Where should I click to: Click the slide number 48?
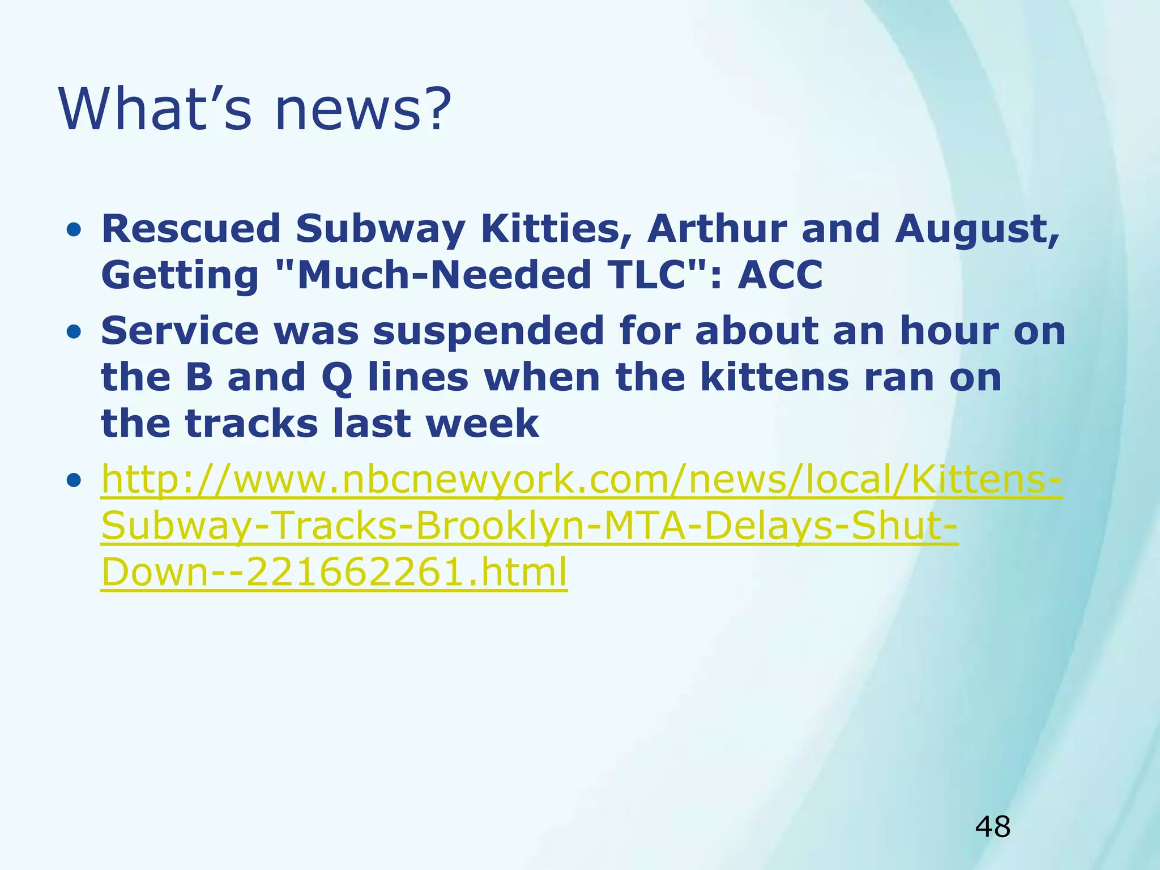tap(992, 826)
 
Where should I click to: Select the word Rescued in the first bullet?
tap(191, 229)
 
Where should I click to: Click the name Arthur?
tap(717, 229)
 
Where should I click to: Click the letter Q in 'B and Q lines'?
tap(337, 378)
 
